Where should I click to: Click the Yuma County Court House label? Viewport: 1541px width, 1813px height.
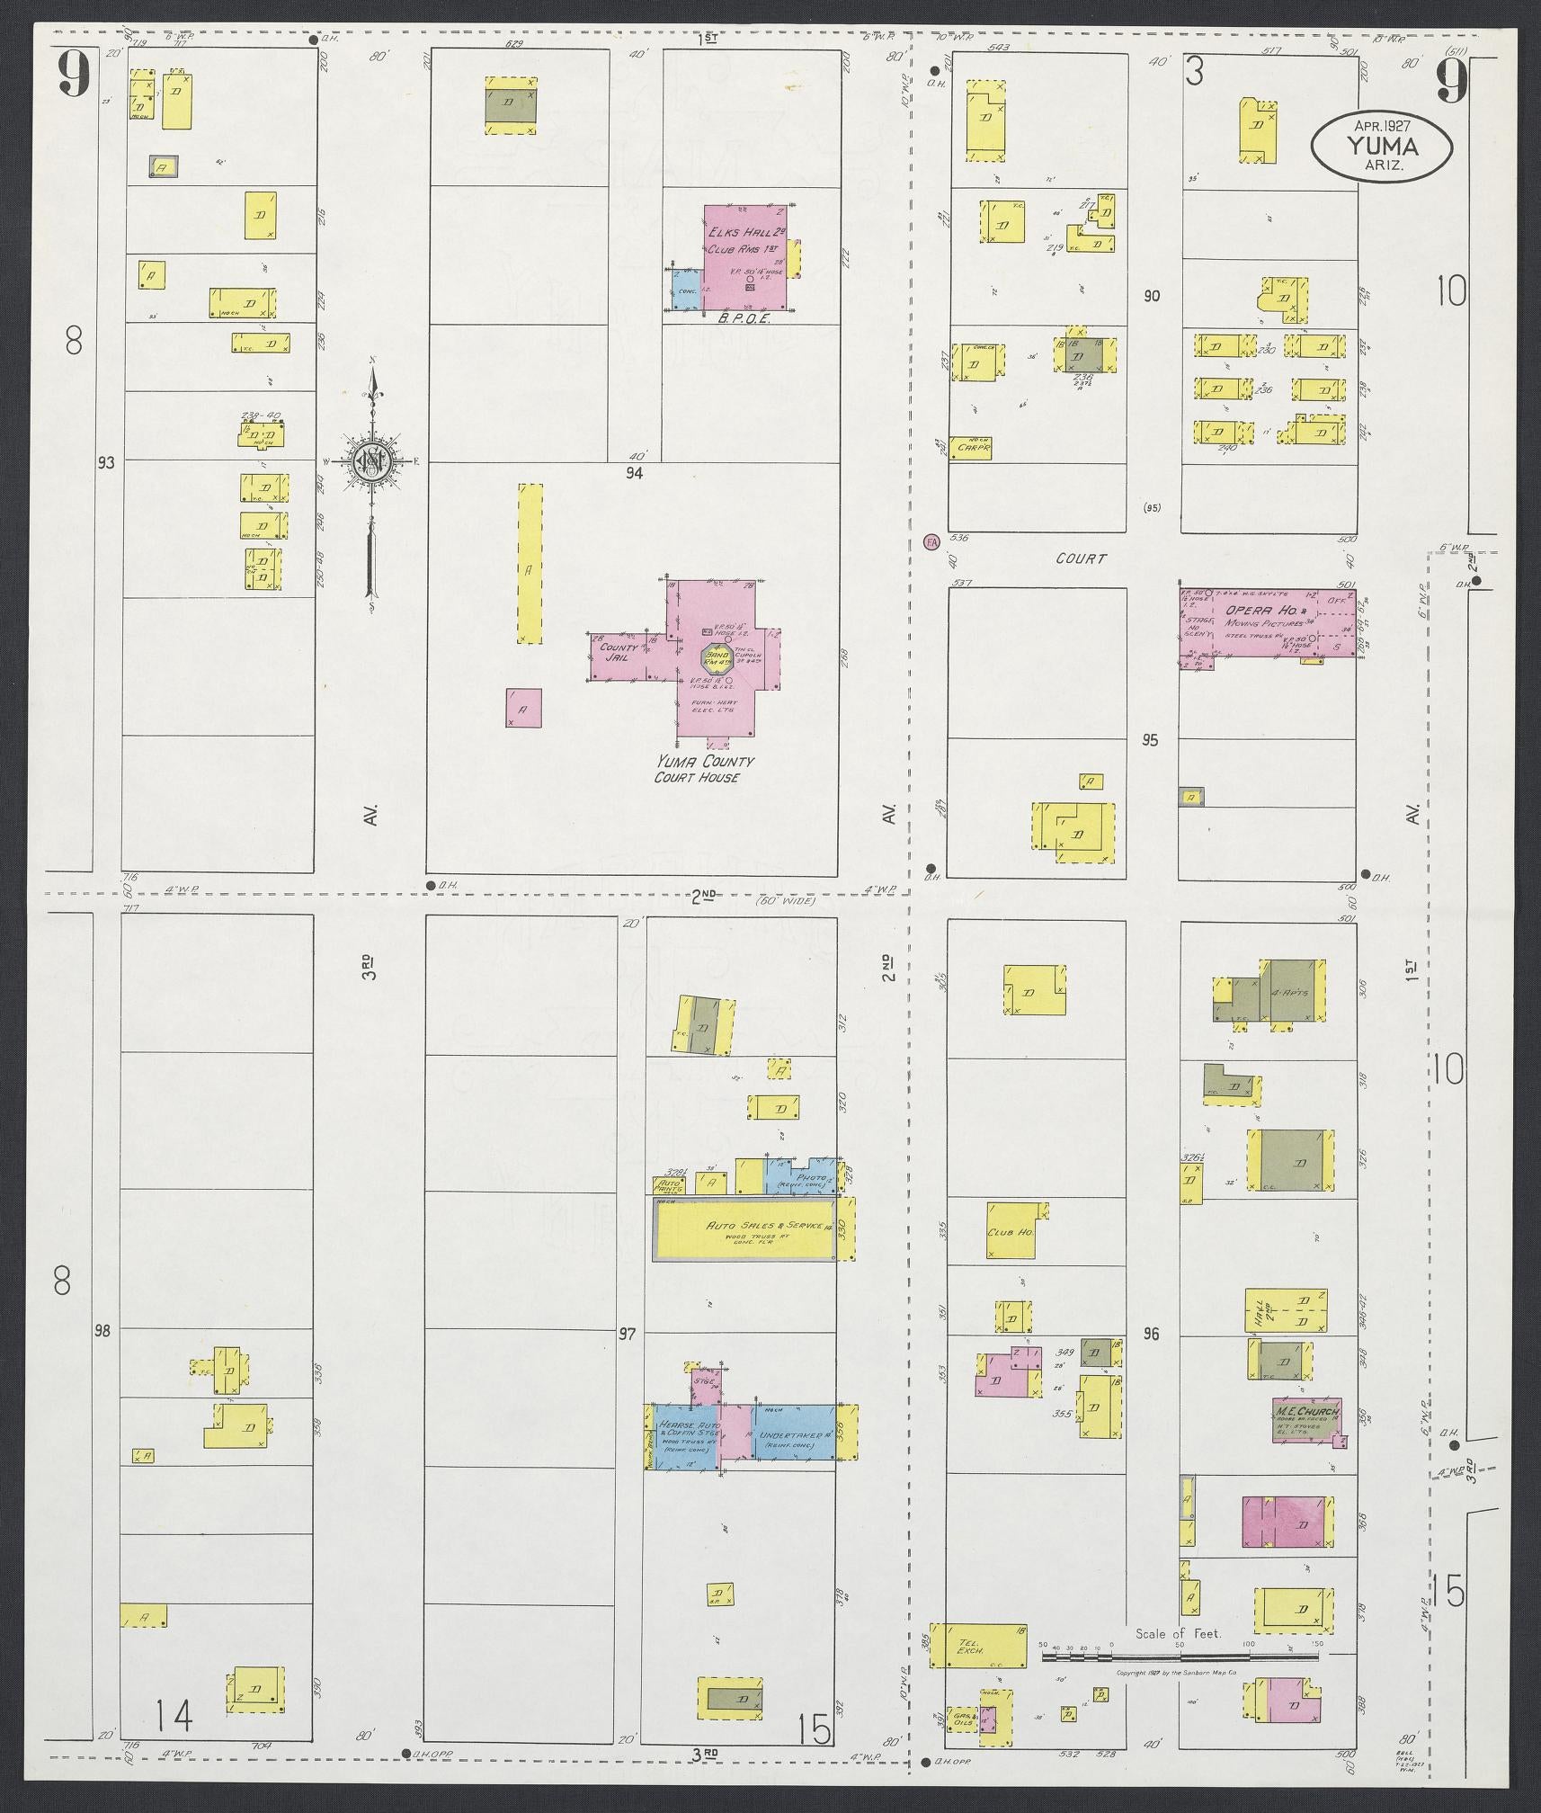pyautogui.click(x=704, y=769)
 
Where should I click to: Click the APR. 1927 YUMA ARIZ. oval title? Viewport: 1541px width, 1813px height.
pyautogui.click(x=1381, y=145)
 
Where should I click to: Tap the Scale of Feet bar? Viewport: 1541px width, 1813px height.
pyautogui.click(x=1178, y=1656)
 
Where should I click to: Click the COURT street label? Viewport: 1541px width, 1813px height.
pyautogui.click(x=1082, y=558)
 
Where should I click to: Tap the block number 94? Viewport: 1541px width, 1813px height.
pyautogui.click(x=635, y=470)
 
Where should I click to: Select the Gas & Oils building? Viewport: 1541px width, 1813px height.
pyautogui.click(x=962, y=1717)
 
